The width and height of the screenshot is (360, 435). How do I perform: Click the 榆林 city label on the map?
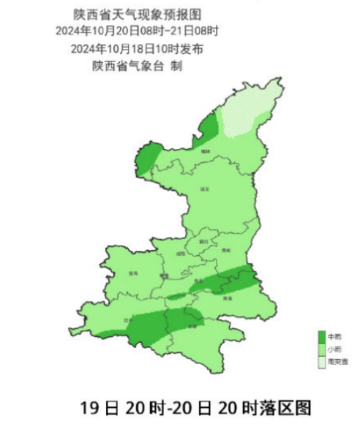(x=208, y=151)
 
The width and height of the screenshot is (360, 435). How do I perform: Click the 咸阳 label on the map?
(x=180, y=254)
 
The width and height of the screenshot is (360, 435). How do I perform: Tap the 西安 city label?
(x=198, y=280)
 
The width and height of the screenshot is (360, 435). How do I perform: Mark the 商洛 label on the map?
(x=227, y=298)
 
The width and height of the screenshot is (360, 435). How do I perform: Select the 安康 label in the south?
(x=192, y=326)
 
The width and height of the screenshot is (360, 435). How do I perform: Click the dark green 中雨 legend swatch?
(x=320, y=336)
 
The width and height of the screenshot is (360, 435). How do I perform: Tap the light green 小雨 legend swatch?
(x=320, y=349)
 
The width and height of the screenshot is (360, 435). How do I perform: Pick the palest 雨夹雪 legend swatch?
(x=320, y=361)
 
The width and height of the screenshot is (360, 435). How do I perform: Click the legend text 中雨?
(x=334, y=337)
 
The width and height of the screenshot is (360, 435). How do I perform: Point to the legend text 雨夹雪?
(x=337, y=362)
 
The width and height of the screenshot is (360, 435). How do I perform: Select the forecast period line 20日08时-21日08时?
(x=138, y=31)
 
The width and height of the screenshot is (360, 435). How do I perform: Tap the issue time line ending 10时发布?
(x=138, y=49)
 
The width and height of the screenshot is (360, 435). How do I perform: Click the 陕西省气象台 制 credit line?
(x=138, y=66)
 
